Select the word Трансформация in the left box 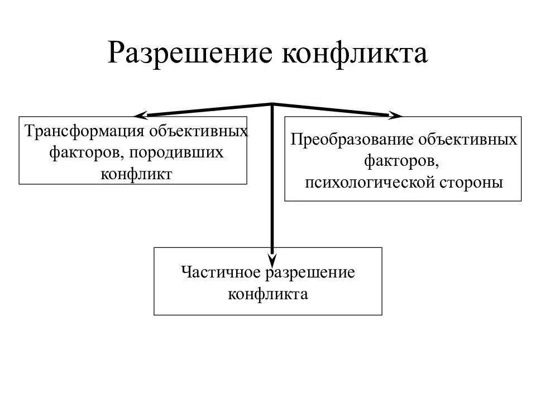coord(83,132)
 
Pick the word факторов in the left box coord(82,152)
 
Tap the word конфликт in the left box coord(137,173)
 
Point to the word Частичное coord(221,273)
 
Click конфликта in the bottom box coord(268,294)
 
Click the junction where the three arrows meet coord(272,104)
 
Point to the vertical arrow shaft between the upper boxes coord(272,179)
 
